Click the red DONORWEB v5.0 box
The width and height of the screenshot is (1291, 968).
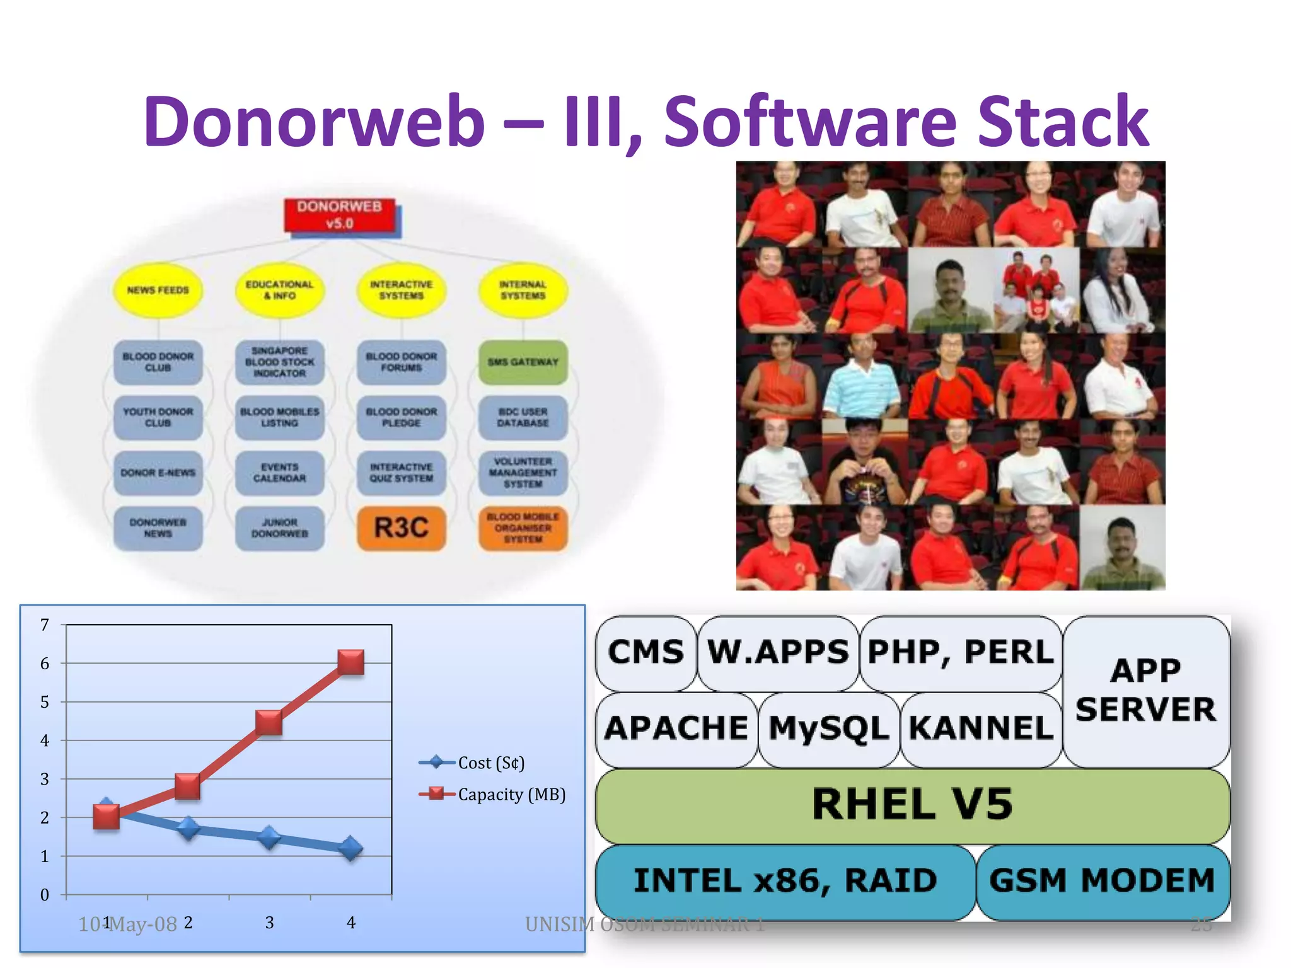tap(340, 215)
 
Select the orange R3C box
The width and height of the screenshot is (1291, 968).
tap(402, 528)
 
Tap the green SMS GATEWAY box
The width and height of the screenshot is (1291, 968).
tap(523, 362)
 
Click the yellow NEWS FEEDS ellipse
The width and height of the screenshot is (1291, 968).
tap(158, 290)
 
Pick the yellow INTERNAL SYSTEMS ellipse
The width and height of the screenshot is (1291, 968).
tap(523, 290)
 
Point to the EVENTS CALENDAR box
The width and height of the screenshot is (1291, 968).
tap(279, 473)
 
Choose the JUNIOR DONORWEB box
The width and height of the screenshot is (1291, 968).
tap(279, 528)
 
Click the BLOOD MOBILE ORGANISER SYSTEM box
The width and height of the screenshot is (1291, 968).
tap(523, 528)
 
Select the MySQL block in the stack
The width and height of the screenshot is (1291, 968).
tap(828, 729)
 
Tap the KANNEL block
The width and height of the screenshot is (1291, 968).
tap(981, 729)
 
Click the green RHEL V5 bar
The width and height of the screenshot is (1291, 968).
tap(912, 805)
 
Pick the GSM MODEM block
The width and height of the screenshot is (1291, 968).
tap(1102, 880)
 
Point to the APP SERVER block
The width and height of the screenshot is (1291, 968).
tap(1145, 691)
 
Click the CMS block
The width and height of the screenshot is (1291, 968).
tap(645, 652)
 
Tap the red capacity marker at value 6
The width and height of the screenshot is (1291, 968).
tap(351, 662)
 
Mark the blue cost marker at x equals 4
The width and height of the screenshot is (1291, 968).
tap(351, 849)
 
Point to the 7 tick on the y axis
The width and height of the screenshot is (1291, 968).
tap(45, 625)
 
